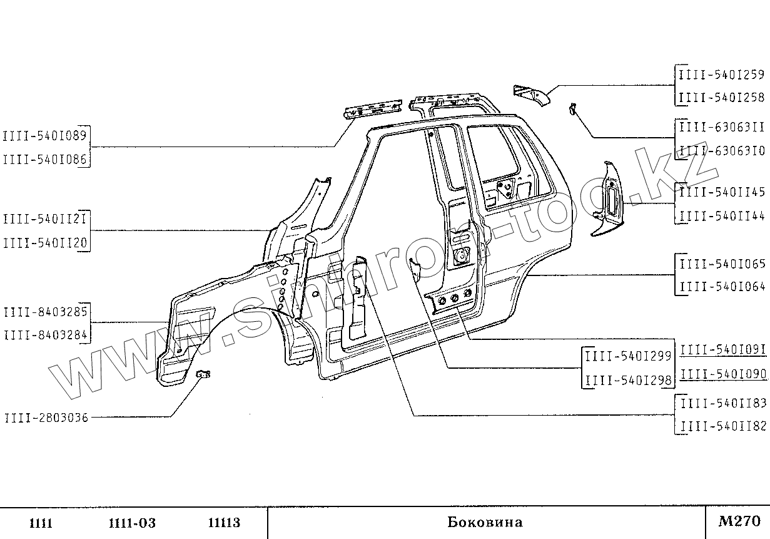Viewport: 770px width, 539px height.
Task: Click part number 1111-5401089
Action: pos(45,135)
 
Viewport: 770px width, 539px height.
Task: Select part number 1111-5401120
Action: pos(45,243)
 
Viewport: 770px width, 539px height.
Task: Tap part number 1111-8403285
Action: pos(45,312)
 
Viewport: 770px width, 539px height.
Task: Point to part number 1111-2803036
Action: pos(46,417)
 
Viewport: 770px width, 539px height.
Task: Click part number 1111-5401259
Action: pos(721,75)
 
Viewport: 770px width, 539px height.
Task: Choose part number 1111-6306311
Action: pos(721,127)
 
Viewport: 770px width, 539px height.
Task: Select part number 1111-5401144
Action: pos(721,216)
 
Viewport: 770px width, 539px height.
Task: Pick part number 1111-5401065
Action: pos(721,264)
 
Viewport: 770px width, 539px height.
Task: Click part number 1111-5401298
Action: pos(627,379)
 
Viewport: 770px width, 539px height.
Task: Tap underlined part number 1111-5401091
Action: pos(722,350)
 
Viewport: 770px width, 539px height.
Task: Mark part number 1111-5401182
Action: pos(722,426)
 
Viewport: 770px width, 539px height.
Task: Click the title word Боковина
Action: pos(485,522)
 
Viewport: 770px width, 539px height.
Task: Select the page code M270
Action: pos(739,521)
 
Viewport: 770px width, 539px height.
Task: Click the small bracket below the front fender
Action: pos(204,374)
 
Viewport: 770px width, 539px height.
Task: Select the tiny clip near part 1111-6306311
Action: pos(571,109)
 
